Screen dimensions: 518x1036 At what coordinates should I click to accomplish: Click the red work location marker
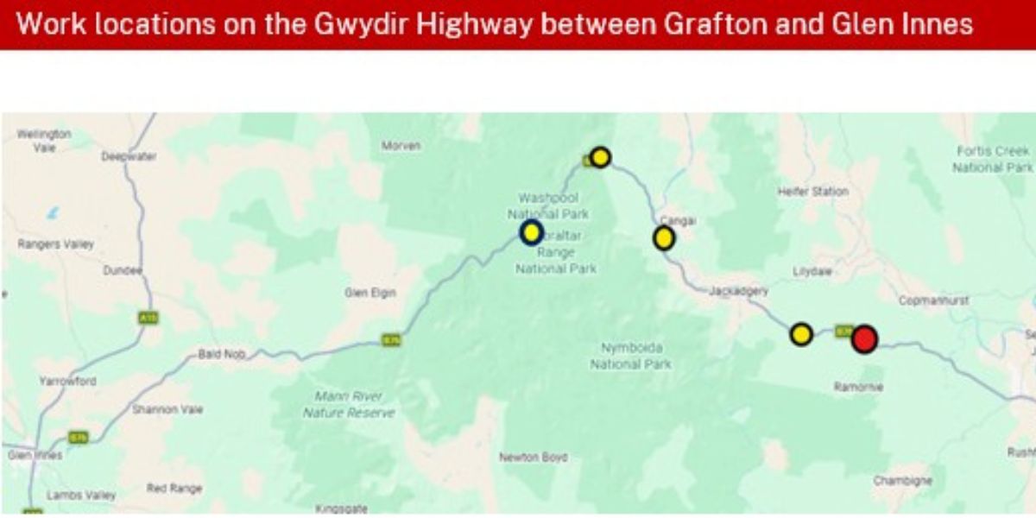tap(864, 339)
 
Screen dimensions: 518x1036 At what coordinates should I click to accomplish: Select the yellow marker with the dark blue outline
tap(531, 232)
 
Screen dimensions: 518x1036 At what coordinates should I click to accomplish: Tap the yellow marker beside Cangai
tap(663, 238)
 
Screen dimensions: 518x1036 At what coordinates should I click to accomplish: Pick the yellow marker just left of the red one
tap(801, 334)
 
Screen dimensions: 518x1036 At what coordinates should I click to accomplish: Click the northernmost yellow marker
tap(600, 157)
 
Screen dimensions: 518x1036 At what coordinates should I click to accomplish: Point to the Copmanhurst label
tap(933, 300)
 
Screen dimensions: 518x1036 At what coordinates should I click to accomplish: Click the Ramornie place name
tap(858, 387)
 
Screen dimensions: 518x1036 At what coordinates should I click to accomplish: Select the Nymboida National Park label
tap(631, 356)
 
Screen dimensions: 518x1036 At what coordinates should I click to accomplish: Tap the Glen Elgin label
tap(370, 293)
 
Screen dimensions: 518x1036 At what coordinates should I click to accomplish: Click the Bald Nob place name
tap(222, 354)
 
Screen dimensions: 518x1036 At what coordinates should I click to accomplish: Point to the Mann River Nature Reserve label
tap(349, 405)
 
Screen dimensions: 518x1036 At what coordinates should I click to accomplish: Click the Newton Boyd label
tap(534, 457)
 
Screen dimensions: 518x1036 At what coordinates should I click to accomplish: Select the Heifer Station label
tap(812, 191)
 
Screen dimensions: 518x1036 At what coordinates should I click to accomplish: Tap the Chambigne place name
tap(902, 480)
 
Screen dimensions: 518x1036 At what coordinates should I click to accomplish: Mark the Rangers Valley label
tap(55, 244)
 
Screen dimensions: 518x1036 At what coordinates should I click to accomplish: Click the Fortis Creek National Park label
tap(992, 159)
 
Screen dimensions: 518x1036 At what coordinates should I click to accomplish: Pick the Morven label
tap(401, 146)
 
